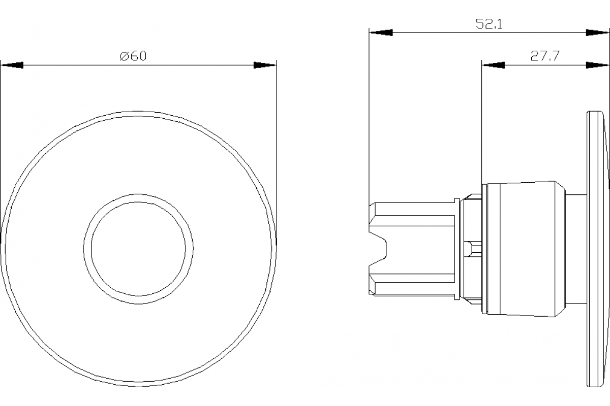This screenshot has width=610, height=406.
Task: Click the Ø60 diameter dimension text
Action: (133, 56)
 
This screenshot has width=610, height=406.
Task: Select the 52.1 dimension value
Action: (489, 24)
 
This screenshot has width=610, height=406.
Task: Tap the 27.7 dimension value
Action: (545, 56)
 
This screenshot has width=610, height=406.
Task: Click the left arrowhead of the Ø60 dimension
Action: (12, 65)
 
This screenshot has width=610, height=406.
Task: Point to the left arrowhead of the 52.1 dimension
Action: (381, 32)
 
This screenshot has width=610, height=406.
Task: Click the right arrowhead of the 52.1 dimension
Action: (597, 32)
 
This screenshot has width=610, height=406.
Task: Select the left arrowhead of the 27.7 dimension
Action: (493, 65)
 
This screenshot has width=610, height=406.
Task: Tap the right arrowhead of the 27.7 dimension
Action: (597, 65)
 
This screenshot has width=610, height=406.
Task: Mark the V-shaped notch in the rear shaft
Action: (379, 248)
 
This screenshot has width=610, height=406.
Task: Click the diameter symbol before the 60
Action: (124, 56)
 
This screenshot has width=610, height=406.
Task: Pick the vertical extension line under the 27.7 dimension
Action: (481, 127)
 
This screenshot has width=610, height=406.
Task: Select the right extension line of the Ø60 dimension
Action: (277, 152)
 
